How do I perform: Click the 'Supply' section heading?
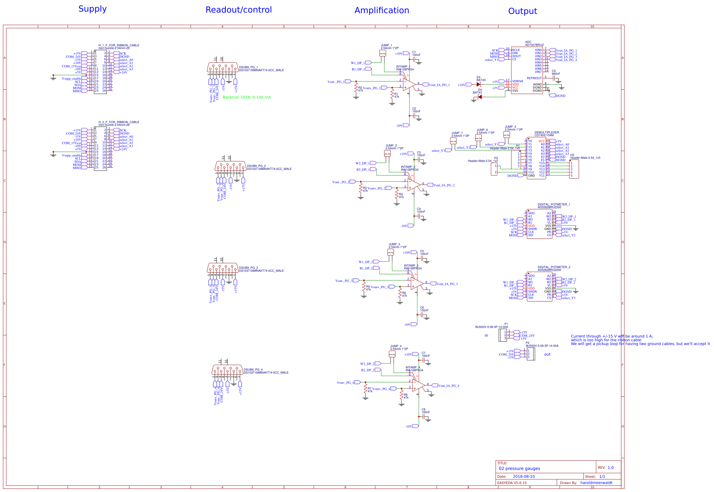coord(93,9)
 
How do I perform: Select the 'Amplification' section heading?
coord(381,10)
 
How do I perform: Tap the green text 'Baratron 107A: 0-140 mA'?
coord(247,97)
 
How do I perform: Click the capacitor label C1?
coord(414,52)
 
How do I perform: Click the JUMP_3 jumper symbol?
coord(391,252)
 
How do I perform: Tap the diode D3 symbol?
coord(478,84)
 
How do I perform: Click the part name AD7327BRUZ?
coord(534,45)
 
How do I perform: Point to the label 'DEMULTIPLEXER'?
coord(546,132)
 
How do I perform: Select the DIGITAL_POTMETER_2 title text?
coord(554,267)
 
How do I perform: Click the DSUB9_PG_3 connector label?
coord(248,268)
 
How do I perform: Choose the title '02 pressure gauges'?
coord(519,468)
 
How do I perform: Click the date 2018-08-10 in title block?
coord(524,476)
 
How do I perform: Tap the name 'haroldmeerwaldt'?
coord(596,483)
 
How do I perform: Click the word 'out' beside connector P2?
coord(547,354)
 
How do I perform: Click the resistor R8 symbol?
coord(401,395)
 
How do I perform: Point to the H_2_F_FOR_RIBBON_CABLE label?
coord(119,122)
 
